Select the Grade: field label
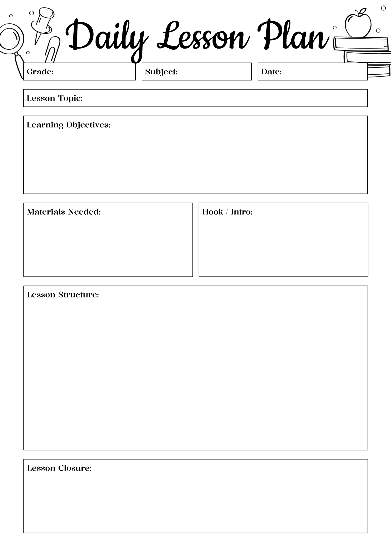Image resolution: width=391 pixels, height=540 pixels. click(40, 72)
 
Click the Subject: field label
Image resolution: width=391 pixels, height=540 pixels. click(161, 72)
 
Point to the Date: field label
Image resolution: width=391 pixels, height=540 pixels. click(271, 72)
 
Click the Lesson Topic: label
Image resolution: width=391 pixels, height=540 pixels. click(55, 98)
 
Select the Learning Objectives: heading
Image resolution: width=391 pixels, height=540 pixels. click(68, 125)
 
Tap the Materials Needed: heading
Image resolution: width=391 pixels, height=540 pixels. click(64, 212)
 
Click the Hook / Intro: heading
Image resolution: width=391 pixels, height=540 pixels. click(227, 212)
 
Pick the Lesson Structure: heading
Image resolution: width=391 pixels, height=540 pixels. click(63, 295)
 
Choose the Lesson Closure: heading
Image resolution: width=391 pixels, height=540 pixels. click(59, 468)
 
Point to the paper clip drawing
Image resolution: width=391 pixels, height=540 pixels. click(53, 49)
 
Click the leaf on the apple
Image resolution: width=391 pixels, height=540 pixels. click(363, 12)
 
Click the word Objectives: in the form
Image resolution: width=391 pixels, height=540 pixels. click(88, 125)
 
